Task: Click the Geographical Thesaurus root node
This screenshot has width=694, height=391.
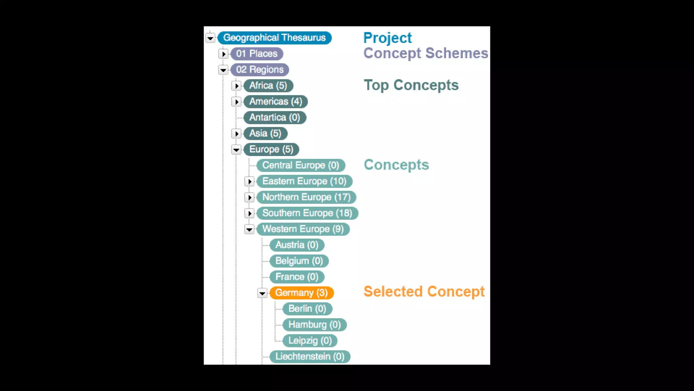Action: coord(274,38)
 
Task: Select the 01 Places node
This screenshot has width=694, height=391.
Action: coord(257,54)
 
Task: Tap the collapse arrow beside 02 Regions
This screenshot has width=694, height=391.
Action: coord(223,70)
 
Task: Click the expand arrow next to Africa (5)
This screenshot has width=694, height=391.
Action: coord(237,86)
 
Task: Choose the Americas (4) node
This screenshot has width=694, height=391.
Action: coord(275,101)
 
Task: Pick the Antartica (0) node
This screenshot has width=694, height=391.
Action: coord(274,117)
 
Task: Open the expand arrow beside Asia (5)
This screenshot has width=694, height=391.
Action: coord(237,134)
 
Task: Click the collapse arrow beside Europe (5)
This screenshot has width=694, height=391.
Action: coord(236,150)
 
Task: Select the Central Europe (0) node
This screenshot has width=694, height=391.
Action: coord(300,165)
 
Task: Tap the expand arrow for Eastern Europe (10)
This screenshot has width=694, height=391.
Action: coord(249,182)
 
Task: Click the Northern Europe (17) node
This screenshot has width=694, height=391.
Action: coord(306,197)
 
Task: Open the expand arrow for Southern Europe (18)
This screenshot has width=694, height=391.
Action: coord(249,213)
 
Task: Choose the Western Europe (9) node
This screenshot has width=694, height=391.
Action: coord(303,229)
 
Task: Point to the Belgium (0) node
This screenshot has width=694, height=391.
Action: coord(299,261)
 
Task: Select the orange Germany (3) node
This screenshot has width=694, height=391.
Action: coord(301,293)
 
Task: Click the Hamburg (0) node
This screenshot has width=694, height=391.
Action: coord(314,325)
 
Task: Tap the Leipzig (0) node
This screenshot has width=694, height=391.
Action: coord(310,341)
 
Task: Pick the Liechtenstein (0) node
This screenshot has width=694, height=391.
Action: coord(309,357)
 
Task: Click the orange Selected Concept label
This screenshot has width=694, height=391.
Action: coord(424,292)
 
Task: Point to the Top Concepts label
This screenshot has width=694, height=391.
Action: coord(411,85)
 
